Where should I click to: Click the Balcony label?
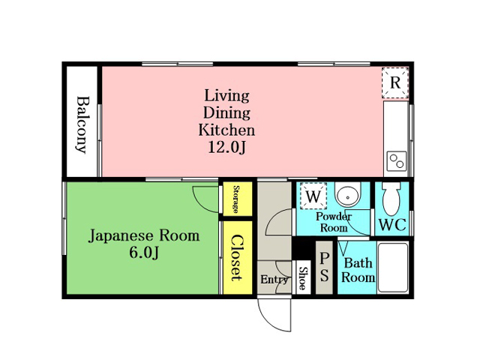tap(82, 124)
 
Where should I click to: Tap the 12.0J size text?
tap(226, 148)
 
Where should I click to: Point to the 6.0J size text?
tap(143, 253)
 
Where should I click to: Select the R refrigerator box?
tap(395, 82)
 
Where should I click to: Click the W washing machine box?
tap(313, 196)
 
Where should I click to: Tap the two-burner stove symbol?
tap(397, 161)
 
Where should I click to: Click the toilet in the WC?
tap(391, 198)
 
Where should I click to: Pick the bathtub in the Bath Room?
tap(393, 267)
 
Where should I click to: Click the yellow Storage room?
tap(238, 199)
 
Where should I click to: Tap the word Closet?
tap(237, 258)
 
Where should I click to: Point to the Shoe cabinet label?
tap(302, 278)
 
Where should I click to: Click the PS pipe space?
tap(324, 267)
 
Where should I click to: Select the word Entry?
tap(274, 280)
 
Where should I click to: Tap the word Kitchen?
tap(226, 130)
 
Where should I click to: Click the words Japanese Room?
tap(144, 236)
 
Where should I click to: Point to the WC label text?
tap(392, 225)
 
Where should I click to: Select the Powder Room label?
tap(334, 222)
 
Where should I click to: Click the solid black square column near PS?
tap(303, 248)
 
